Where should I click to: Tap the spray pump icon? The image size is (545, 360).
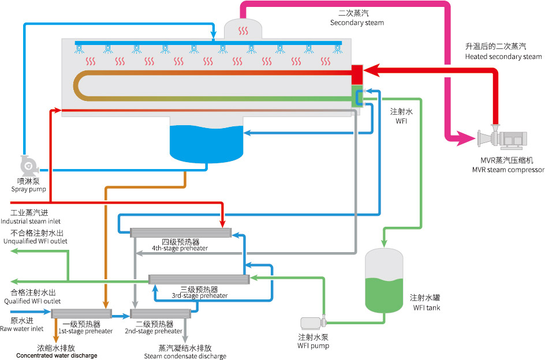28,166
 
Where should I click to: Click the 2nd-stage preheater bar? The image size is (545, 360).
160,313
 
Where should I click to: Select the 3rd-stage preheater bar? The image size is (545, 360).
199,279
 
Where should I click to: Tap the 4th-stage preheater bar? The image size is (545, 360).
181,232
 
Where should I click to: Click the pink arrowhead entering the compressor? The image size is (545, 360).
464,137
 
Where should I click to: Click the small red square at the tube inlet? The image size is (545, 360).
356,74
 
